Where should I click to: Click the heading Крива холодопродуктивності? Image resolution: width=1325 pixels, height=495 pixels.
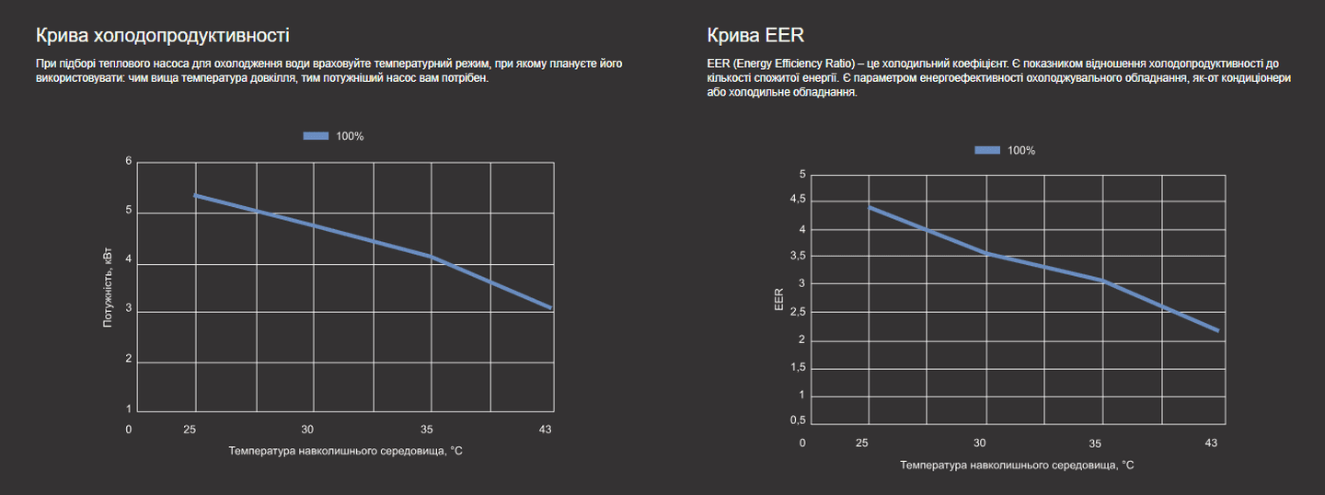point(162,36)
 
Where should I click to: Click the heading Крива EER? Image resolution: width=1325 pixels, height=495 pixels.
point(755,36)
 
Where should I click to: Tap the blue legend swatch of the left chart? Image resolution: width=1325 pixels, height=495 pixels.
point(316,136)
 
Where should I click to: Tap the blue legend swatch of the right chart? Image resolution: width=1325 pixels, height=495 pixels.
point(987,150)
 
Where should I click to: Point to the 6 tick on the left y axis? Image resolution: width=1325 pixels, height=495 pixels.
point(129,162)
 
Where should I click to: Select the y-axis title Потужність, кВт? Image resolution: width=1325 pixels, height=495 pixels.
point(108,288)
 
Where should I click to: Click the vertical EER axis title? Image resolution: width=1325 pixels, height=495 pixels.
point(779,300)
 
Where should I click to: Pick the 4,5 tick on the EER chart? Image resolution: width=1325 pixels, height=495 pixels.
point(796,199)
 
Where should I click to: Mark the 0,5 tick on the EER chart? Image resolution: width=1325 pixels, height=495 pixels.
point(797,420)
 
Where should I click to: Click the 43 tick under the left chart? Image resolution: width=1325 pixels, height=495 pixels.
point(545,429)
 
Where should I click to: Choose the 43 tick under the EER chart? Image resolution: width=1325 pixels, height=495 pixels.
point(1211,443)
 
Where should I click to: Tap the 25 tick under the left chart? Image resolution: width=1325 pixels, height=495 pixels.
point(190,429)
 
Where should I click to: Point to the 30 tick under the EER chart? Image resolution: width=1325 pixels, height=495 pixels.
point(980,443)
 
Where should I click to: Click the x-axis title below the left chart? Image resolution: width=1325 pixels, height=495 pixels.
point(345,451)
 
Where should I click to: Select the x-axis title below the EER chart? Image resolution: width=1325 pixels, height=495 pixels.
point(1017,465)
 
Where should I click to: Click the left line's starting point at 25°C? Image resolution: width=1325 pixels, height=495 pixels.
point(195,195)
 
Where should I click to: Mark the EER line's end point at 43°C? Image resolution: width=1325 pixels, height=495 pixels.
point(1218,330)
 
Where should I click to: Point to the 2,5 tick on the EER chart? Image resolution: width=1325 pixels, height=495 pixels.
point(797,312)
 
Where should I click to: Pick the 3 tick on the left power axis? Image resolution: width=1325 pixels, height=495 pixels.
point(129,311)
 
